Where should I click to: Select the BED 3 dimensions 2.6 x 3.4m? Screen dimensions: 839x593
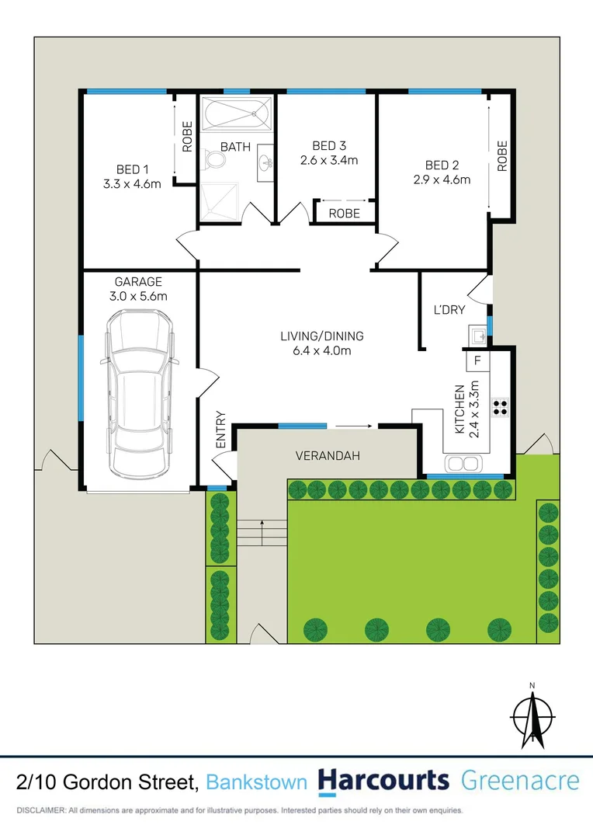329,161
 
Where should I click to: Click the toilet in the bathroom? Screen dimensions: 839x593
213,161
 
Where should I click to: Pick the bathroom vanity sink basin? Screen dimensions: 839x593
265,163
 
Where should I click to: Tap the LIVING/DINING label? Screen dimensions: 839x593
321,336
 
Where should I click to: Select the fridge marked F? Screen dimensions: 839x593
477,361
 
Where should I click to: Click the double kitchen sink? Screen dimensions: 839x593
463,464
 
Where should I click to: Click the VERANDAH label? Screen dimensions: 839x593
328,456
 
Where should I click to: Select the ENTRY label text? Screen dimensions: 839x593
220,430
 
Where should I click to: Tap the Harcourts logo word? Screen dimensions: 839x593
383,781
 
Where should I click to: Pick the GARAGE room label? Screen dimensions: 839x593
138,282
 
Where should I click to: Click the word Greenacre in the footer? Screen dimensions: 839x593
520,781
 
